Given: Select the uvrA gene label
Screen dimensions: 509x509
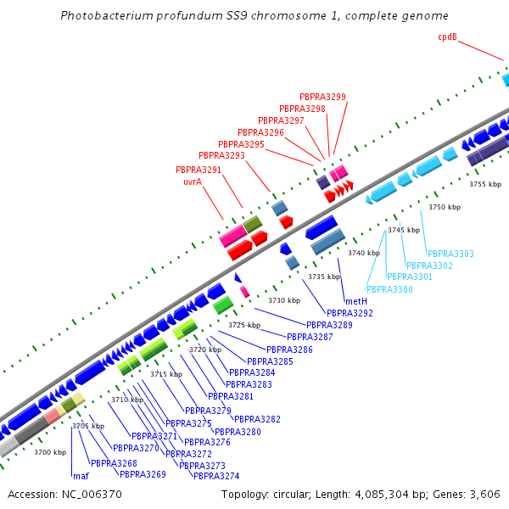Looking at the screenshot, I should click(193, 182).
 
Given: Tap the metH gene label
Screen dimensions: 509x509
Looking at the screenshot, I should click(355, 301).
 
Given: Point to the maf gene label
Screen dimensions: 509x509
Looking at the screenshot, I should click(81, 476).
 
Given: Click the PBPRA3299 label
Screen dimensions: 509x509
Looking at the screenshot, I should click(322, 97).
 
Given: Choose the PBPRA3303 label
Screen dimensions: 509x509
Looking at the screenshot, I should click(450, 254).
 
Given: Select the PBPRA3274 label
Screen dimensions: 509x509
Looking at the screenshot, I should click(216, 476).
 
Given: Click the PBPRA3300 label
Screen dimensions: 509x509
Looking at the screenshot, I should click(389, 289).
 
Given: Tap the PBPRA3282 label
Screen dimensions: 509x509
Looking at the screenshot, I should click(257, 419).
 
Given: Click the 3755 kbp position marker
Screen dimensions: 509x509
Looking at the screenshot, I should click(485, 183).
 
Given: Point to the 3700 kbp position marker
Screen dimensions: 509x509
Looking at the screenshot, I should click(50, 452).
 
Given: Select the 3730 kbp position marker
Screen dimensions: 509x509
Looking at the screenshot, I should click(284, 300).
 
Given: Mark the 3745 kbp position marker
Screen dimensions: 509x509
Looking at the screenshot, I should click(404, 230).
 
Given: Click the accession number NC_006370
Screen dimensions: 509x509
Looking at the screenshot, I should click(89, 494).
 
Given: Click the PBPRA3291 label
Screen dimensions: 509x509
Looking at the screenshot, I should click(199, 170).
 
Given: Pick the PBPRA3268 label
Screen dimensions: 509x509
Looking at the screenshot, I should click(114, 463).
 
